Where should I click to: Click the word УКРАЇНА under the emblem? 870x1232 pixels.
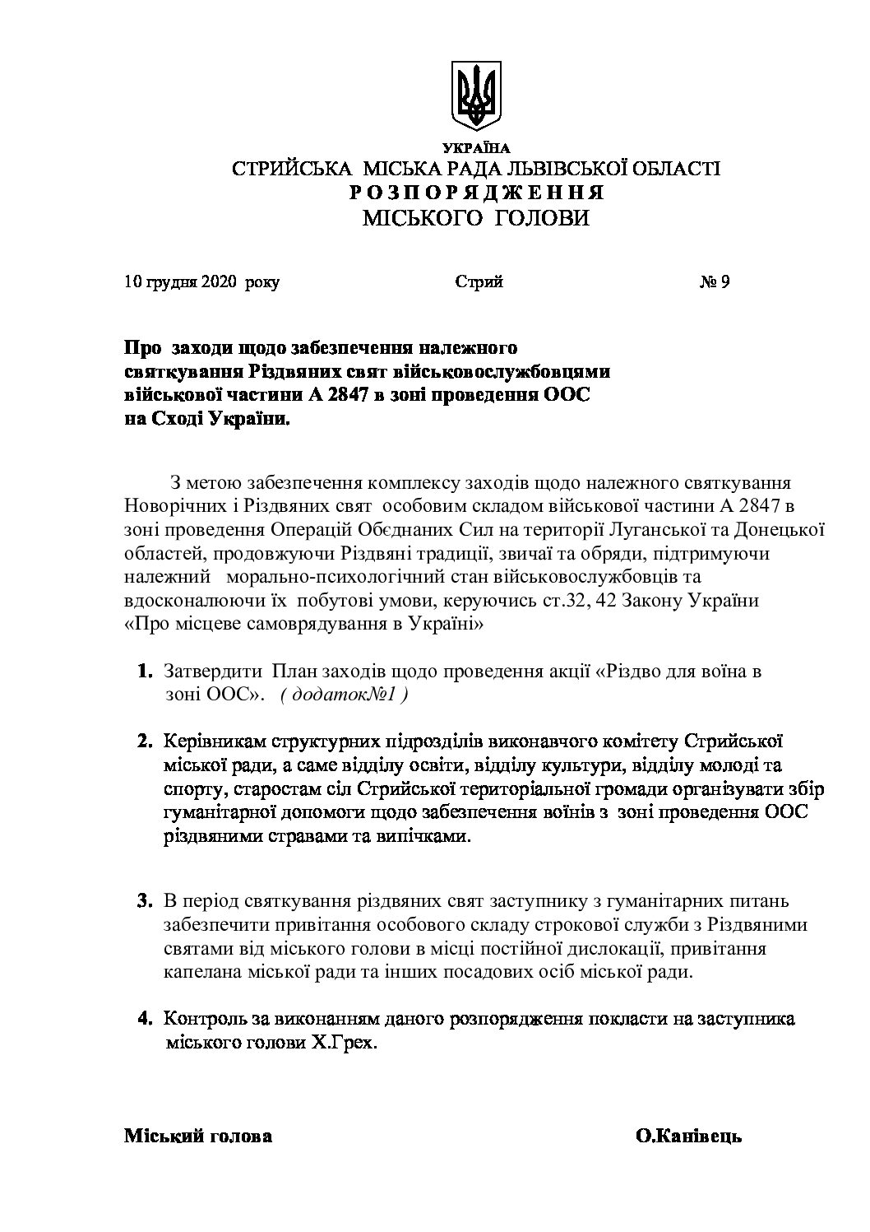click(477, 148)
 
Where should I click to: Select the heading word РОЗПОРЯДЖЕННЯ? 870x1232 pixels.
click(476, 193)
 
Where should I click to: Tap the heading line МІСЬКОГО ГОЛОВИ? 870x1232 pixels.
click(476, 218)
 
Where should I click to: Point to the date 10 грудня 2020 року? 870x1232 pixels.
click(201, 282)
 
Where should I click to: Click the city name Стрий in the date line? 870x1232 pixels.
click(479, 282)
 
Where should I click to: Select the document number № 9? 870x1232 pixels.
click(714, 282)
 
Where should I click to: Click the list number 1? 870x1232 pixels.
click(146, 672)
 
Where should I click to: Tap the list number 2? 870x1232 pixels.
click(146, 742)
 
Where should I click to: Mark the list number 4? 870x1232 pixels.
click(146, 1020)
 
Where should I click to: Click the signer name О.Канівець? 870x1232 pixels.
click(688, 1137)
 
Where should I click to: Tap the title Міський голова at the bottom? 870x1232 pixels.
click(198, 1137)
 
